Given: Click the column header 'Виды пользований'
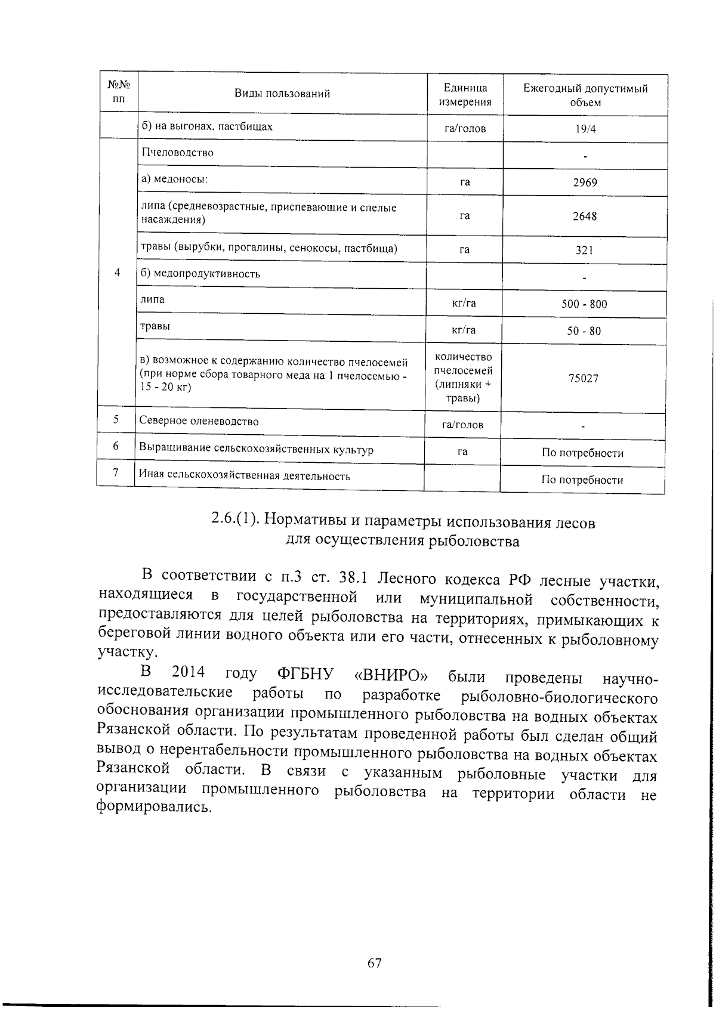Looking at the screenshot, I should coord(282,94).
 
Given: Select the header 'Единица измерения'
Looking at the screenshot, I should coord(465,95).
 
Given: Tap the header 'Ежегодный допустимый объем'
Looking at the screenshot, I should coord(585,95).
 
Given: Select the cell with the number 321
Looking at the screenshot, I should coord(584,251).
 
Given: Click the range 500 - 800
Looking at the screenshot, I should coord(584,304).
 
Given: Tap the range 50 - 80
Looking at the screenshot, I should coord(584,331).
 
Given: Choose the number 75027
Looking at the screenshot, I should coord(584,379).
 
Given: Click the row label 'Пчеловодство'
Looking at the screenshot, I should coord(177,153).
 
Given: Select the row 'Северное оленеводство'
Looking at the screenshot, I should coord(199,421).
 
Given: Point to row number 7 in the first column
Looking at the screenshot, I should coord(116,474).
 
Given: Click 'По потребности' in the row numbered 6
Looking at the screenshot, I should coord(582,453).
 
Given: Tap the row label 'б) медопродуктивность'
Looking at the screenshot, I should coord(200,274).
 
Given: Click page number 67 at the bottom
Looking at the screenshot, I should coord(374,963).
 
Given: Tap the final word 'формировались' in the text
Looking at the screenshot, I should coord(154,809).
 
